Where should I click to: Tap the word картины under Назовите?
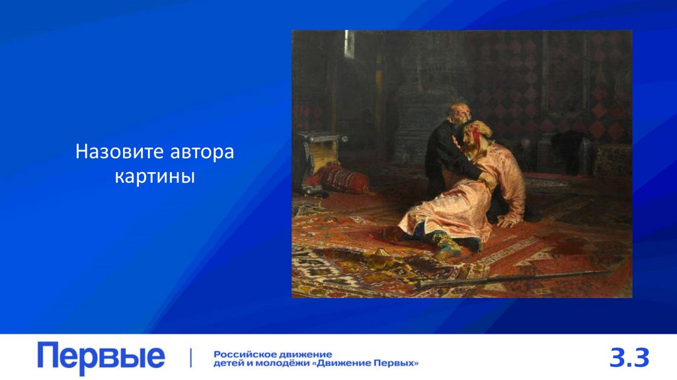click(155, 177)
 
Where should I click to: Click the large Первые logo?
click(101, 357)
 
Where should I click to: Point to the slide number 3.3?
click(629, 358)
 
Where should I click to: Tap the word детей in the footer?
click(227, 363)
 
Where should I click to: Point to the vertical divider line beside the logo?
click(191, 357)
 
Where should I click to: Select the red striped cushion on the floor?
click(344, 178)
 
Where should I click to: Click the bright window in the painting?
click(348, 44)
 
